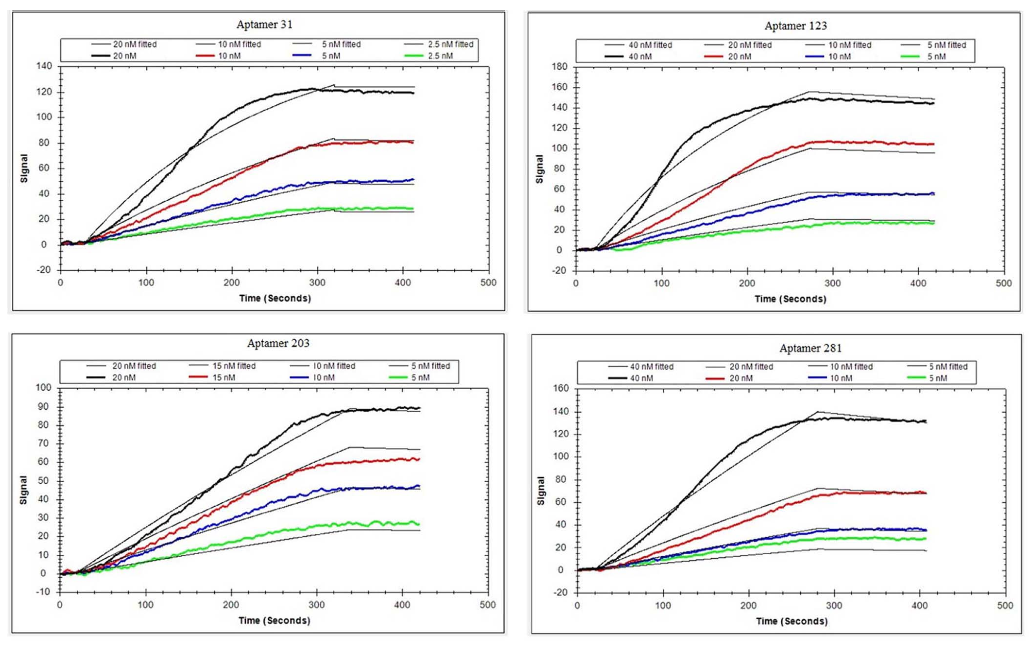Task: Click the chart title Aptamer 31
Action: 264,24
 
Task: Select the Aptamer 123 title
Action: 795,26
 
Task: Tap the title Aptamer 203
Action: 278,343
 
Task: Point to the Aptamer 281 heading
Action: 810,348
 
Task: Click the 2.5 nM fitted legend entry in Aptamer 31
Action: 440,44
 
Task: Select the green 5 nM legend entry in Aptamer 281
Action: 927,378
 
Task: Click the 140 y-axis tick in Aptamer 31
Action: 44,66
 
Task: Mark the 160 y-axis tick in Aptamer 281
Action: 561,388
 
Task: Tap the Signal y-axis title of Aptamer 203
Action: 23,490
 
